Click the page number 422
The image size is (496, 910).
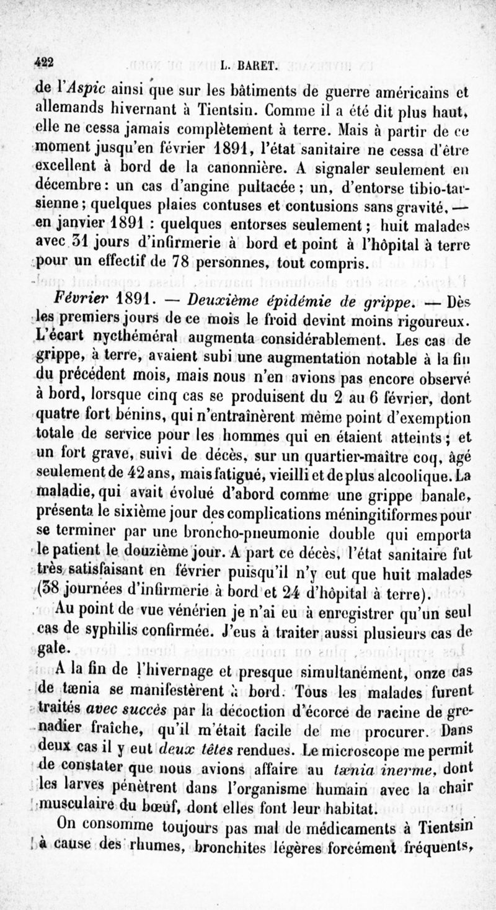pos(45,61)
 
